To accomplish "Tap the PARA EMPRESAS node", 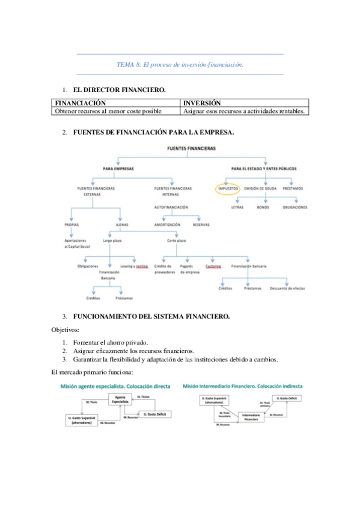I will click(118, 169).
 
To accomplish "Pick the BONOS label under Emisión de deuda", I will click(263, 207).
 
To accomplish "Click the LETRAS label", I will click(237, 207).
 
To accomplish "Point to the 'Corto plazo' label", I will click(176, 241).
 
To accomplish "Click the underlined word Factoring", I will click(213, 265).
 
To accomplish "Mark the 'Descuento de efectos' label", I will click(287, 288).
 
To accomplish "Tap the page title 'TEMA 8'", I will click(180, 64).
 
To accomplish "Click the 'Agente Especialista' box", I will click(123, 399).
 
